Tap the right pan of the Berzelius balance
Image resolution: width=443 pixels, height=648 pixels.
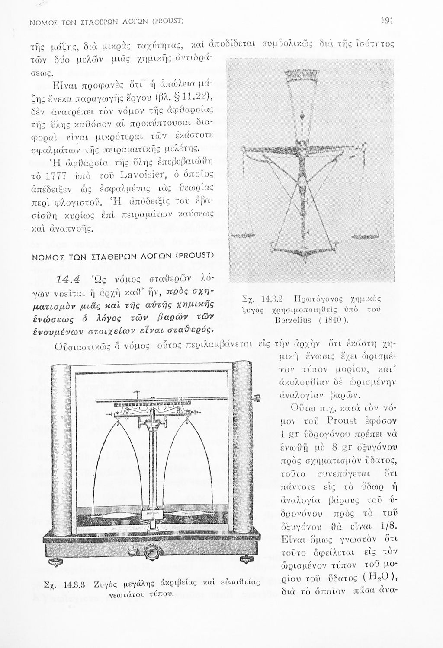(x=366, y=236)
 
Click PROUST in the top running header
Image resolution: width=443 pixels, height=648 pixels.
(x=169, y=21)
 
